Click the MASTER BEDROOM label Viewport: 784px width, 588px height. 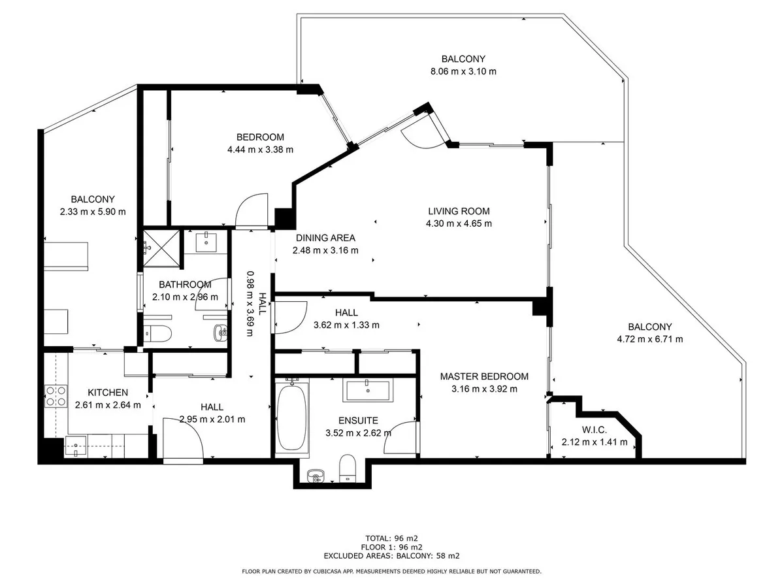(484, 376)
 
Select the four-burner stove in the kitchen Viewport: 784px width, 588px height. (56, 396)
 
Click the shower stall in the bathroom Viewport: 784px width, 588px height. (161, 248)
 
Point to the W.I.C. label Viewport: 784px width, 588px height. (595, 430)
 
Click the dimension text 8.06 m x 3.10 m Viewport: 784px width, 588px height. (463, 71)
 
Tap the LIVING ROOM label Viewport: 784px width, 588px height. (459, 211)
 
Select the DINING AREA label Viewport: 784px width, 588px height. (325, 238)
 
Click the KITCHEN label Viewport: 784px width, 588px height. (108, 393)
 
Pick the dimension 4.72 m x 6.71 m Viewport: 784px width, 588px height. (650, 339)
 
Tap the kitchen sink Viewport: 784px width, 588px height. (76, 446)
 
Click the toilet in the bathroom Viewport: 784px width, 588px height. (157, 333)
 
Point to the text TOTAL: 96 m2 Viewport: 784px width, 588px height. (391, 538)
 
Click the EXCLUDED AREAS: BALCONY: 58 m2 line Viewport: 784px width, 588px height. (391, 556)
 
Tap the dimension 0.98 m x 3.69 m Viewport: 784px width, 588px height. (250, 303)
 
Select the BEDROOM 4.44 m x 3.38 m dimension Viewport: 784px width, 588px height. (261, 150)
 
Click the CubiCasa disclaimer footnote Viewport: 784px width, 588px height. (391, 572)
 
